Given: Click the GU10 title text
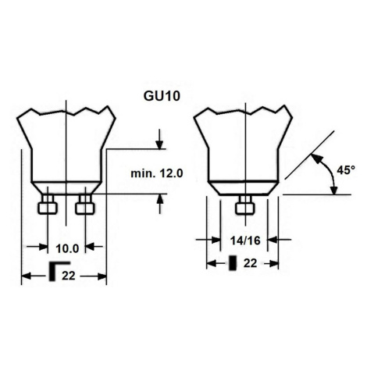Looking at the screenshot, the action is pos(162,96).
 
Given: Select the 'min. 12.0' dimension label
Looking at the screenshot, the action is pos(157,173).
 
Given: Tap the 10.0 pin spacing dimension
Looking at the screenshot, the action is pos(67,248).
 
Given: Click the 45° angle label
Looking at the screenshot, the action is pos(346,170).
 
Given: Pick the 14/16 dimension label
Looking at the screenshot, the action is pos(245,241).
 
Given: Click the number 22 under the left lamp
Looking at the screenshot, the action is pos(69,276).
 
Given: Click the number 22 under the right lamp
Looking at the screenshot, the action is pos(250,263).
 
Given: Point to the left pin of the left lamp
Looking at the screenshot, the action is pos(48,205).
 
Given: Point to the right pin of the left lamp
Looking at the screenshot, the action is pos(85,205).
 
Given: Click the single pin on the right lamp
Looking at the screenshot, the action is pos(244,205).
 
